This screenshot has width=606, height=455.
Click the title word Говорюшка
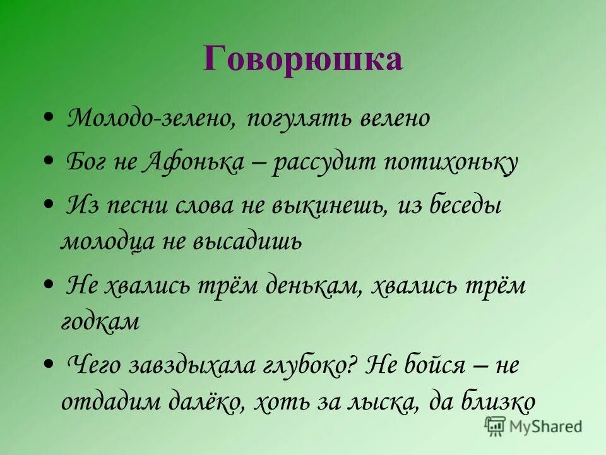[x=302, y=59]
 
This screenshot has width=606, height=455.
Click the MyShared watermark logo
[x=533, y=426]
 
